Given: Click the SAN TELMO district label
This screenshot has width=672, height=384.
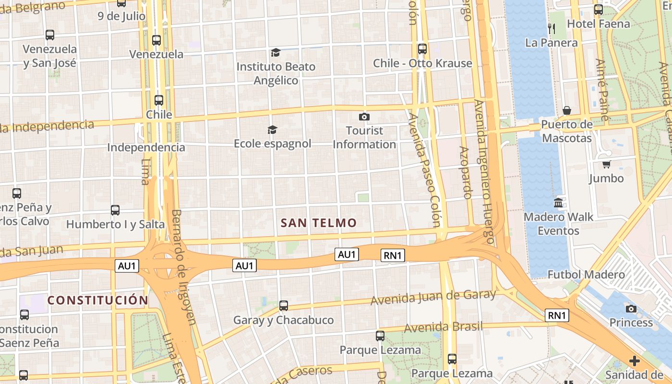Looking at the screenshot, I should click(x=319, y=223).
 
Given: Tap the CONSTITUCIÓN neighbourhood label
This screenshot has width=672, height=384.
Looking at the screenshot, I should click(x=98, y=300).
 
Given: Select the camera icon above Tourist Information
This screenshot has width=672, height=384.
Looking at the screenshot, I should click(x=364, y=117).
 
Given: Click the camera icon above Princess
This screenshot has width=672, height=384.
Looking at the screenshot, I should click(x=631, y=309).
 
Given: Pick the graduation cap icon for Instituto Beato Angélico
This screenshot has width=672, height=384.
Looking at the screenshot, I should click(x=276, y=52).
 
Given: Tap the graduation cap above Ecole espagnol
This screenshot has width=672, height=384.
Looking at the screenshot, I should click(x=272, y=130).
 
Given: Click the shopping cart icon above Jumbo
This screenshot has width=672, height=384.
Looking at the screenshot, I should click(x=607, y=164).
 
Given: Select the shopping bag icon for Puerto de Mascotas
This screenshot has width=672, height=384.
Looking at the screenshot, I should click(x=567, y=110).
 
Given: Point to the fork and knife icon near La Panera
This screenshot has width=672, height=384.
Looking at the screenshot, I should click(x=552, y=29).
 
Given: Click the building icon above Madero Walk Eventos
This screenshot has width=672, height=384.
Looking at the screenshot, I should click(x=558, y=203).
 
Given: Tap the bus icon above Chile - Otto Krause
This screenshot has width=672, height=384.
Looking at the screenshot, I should click(x=422, y=49).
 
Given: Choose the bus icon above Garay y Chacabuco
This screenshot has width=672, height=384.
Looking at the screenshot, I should click(x=284, y=306).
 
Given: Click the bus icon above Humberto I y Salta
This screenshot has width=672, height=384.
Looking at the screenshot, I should click(x=115, y=210).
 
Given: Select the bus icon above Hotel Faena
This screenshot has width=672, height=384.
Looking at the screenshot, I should click(x=599, y=10).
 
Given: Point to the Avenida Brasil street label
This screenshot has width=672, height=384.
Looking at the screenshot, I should click(x=443, y=327).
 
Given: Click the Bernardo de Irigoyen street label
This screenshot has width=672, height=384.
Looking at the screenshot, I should click(x=184, y=267).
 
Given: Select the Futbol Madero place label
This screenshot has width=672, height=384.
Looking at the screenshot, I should click(x=586, y=275).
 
